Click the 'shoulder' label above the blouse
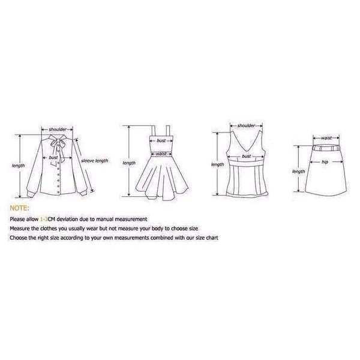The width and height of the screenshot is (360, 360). [58, 130]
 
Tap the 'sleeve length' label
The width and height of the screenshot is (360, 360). [94, 161]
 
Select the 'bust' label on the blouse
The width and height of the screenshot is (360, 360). [53, 157]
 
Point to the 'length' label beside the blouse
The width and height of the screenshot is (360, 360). [18, 166]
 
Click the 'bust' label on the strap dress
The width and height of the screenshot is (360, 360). [161, 140]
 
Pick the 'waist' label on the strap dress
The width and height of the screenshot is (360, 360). [161, 154]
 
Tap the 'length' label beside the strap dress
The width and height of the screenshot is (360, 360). [129, 163]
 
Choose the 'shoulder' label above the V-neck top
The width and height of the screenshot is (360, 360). [246, 125]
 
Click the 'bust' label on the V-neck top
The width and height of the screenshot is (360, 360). [246, 156]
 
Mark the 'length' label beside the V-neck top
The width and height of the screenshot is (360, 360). [217, 164]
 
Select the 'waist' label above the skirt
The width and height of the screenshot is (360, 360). [326, 138]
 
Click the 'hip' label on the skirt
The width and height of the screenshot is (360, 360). [325, 162]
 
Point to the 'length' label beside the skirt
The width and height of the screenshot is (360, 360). [298, 172]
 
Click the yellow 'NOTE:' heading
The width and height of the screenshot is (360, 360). [20, 208]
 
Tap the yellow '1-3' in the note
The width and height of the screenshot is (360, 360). [44, 219]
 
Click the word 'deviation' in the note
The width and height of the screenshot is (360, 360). [67, 219]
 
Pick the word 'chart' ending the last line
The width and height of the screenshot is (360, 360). [212, 238]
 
